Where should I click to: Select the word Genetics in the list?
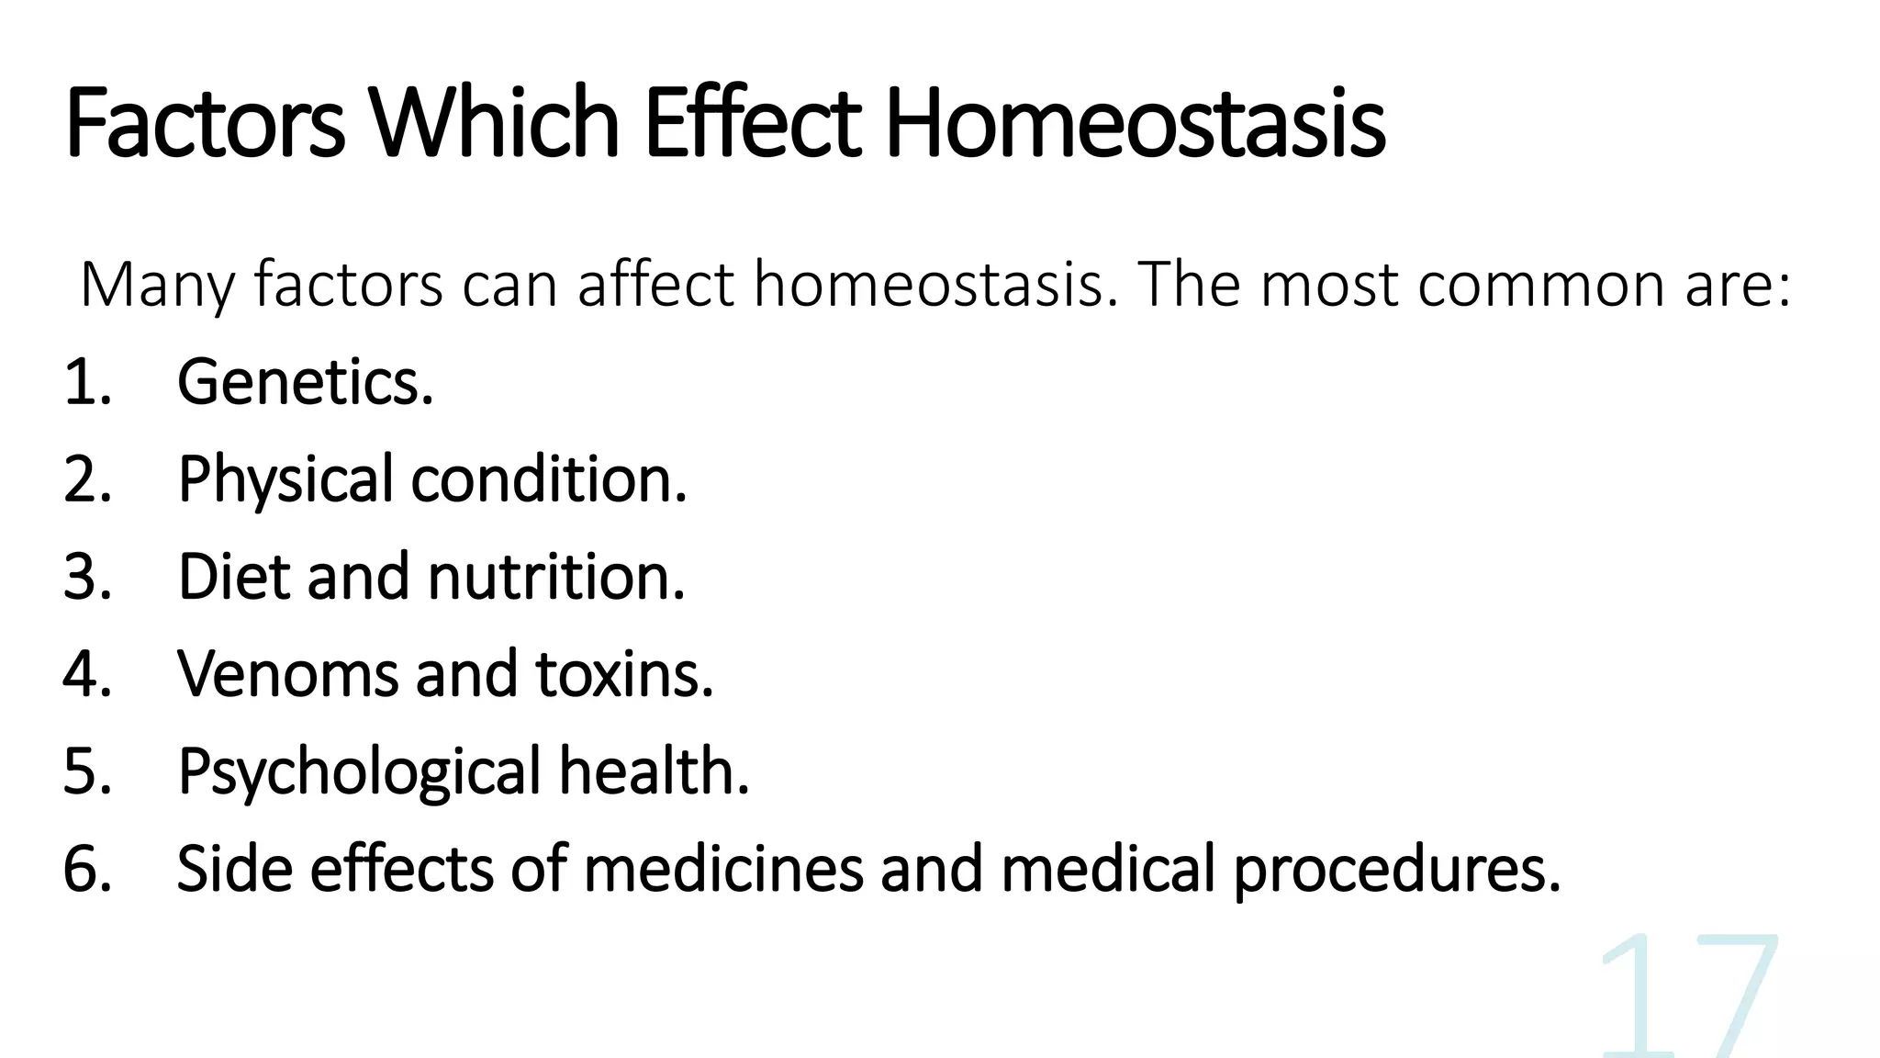[x=305, y=382]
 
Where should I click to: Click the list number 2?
[x=86, y=479]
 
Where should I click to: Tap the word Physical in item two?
[x=285, y=479]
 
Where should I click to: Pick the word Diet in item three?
[x=233, y=577]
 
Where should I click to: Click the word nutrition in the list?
[x=556, y=577]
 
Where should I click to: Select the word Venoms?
[x=287, y=674]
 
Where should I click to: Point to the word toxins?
[x=624, y=674]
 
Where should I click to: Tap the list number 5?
[x=86, y=771]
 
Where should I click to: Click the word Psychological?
[x=359, y=771]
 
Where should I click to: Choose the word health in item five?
[x=655, y=771]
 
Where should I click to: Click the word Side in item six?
[x=234, y=869]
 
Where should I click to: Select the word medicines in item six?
[x=723, y=869]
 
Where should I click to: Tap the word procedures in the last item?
[x=1396, y=869]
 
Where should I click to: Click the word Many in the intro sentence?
[x=157, y=286]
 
